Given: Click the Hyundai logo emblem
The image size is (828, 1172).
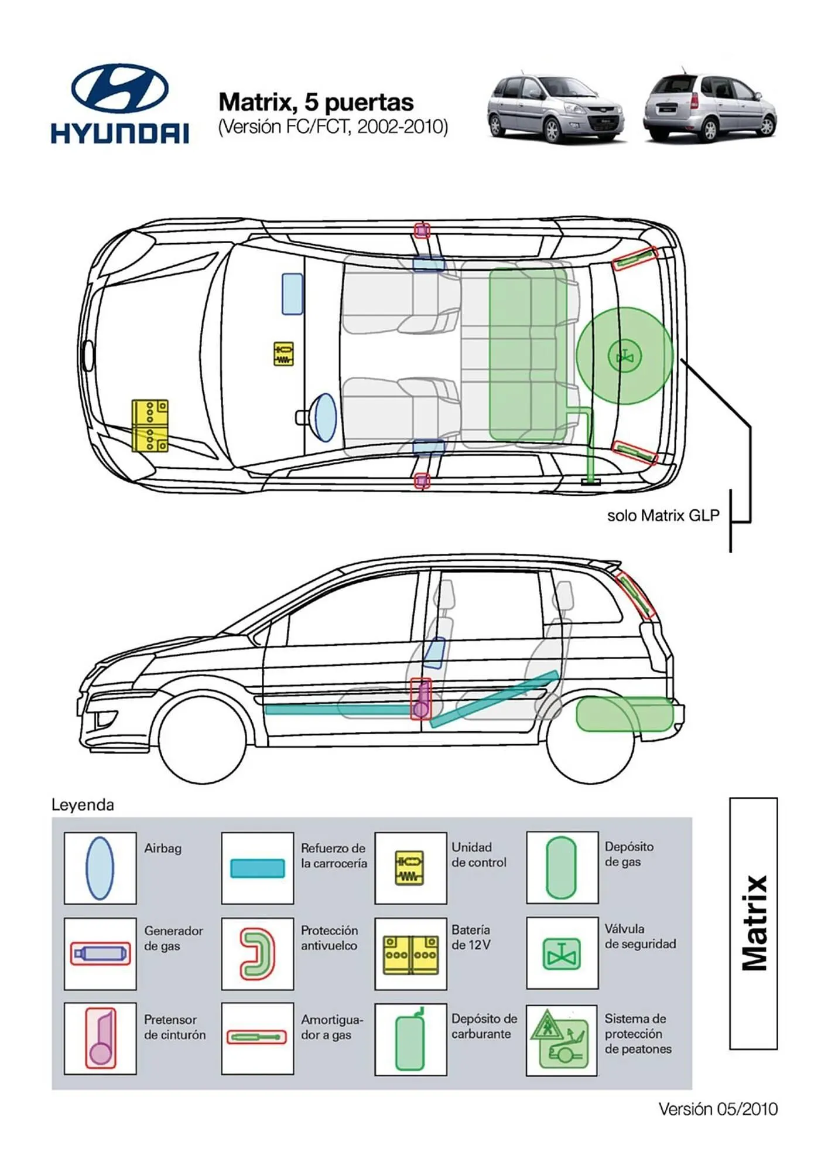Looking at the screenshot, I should click(119, 88).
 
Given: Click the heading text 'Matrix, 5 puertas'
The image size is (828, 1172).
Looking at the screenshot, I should click(316, 103).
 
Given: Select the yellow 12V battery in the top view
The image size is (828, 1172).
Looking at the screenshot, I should click(150, 426).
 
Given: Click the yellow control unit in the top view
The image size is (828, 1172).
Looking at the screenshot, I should click(283, 354).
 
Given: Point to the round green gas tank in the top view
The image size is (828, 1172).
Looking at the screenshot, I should click(625, 356).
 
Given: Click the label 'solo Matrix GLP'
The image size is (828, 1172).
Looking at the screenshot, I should click(663, 516).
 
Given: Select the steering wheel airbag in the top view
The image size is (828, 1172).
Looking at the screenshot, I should click(325, 417).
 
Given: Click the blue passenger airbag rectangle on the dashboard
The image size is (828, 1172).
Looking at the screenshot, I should click(293, 294).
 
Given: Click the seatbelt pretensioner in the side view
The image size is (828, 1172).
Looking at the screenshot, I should click(420, 699).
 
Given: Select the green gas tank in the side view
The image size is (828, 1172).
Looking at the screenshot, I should click(624, 714).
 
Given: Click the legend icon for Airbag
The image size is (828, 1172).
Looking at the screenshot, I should click(100, 868).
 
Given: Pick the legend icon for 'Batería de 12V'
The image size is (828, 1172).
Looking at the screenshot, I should click(410, 954).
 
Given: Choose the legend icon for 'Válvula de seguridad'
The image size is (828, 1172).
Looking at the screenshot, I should click(562, 954).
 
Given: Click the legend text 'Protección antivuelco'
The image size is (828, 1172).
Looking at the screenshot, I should click(329, 938).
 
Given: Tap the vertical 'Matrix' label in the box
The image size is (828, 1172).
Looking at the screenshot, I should click(754, 923).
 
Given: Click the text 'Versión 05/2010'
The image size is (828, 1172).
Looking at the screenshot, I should click(718, 1109).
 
